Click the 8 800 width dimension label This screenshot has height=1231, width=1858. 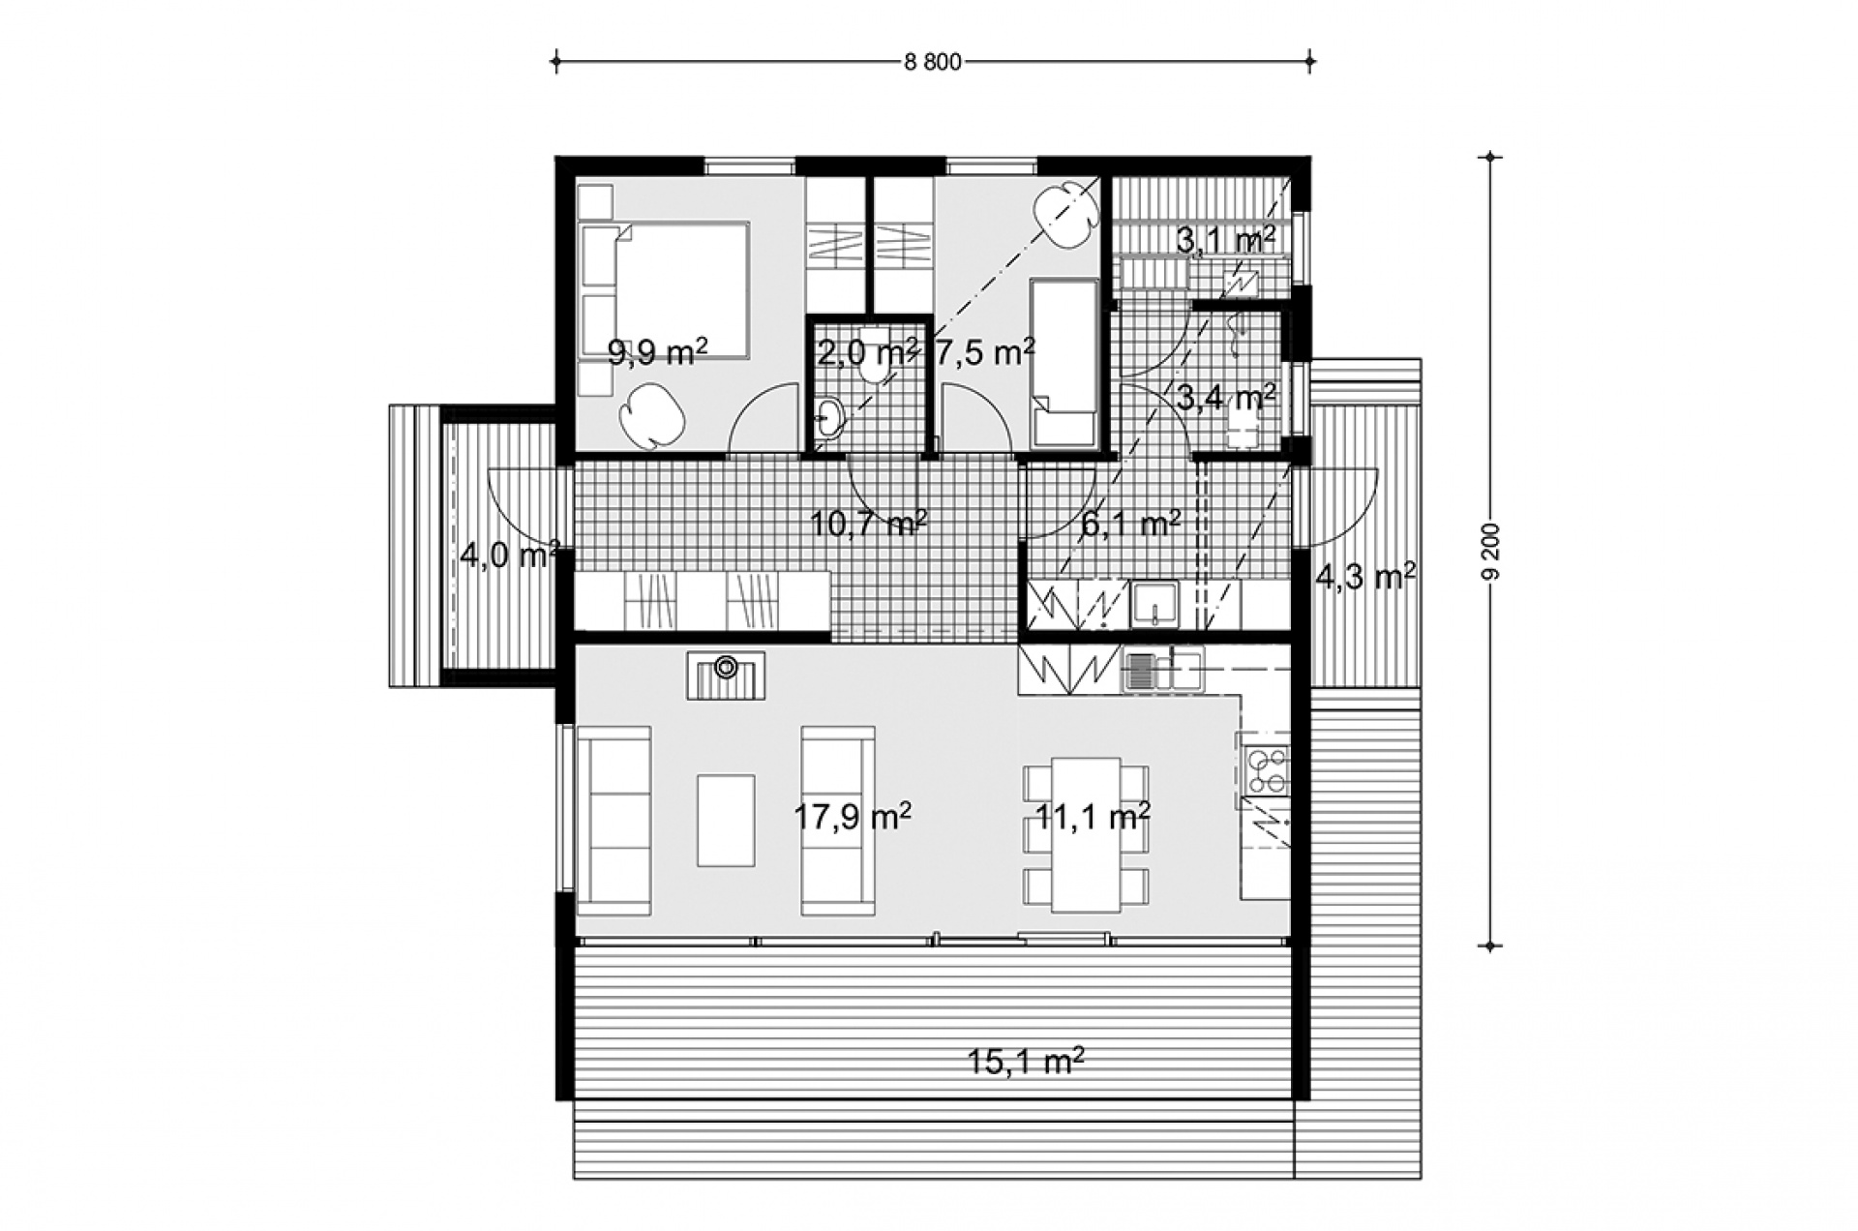point(933,63)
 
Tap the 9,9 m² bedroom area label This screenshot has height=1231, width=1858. point(657,352)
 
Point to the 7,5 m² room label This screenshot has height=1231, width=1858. point(985,352)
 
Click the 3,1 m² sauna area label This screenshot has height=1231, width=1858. point(1225,240)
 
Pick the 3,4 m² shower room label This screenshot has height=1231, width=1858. point(1225,397)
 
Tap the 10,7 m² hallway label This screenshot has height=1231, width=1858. point(869,525)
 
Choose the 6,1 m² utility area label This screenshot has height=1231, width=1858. point(1130,525)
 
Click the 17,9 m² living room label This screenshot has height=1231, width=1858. point(853,818)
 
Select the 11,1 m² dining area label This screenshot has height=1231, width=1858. point(1093,818)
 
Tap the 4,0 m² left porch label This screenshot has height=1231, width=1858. point(510,557)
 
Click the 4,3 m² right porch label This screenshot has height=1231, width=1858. point(1365,577)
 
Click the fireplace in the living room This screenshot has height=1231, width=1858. point(726,676)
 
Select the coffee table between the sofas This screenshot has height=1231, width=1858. point(726,820)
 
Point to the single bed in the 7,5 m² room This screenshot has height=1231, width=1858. point(1064,365)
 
